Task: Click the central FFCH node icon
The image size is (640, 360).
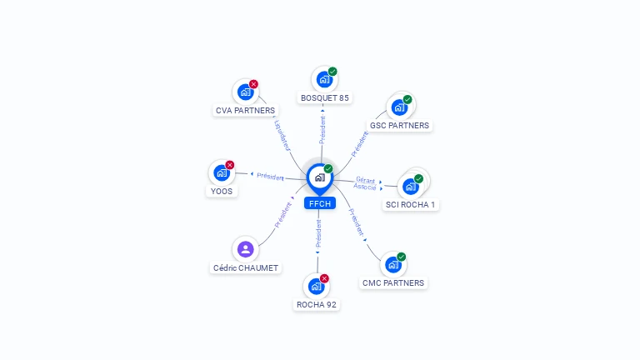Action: pyautogui.click(x=318, y=177)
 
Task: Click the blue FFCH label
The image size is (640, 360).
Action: pyautogui.click(x=320, y=203)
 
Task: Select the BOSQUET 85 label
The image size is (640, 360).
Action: pyautogui.click(x=325, y=97)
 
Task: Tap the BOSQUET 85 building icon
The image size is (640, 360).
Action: pyautogui.click(x=323, y=80)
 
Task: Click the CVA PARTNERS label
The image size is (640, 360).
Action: pyautogui.click(x=245, y=110)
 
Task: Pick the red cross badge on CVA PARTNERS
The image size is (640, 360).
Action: pyautogui.click(x=253, y=84)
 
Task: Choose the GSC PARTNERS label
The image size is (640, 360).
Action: pyautogui.click(x=399, y=126)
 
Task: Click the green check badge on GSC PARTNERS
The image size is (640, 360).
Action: pyautogui.click(x=407, y=100)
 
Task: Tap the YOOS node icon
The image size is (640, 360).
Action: pyautogui.click(x=221, y=173)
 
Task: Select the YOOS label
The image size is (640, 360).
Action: pyautogui.click(x=222, y=191)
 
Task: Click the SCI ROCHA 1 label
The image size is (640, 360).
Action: pyautogui.click(x=410, y=204)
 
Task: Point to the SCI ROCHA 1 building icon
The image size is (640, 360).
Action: pyautogui.click(x=410, y=186)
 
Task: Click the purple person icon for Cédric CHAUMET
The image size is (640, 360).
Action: pyautogui.click(x=245, y=249)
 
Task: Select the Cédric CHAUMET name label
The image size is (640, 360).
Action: pyautogui.click(x=246, y=267)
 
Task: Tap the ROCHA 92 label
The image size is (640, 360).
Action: pyautogui.click(x=317, y=304)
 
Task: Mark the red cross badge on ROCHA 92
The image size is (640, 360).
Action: pyautogui.click(x=324, y=278)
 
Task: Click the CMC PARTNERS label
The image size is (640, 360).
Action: pyautogui.click(x=393, y=283)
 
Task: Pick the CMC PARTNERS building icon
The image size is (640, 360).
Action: pyautogui.click(x=392, y=265)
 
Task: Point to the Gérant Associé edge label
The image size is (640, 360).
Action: pyautogui.click(x=365, y=183)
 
